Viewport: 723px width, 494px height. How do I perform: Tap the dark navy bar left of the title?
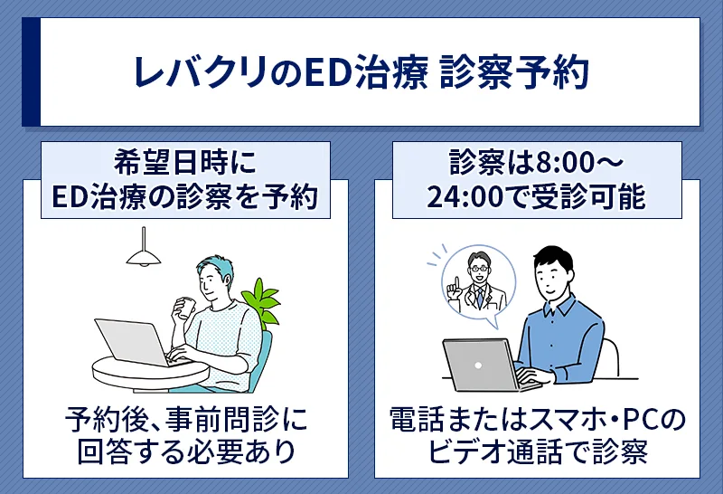tap(30, 71)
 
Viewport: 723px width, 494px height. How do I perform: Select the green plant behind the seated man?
tap(262, 302)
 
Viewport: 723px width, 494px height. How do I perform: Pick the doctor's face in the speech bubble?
tap(477, 263)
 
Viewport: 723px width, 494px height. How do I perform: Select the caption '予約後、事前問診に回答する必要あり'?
tap(185, 435)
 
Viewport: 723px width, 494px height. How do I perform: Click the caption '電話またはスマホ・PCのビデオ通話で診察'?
tap(538, 435)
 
